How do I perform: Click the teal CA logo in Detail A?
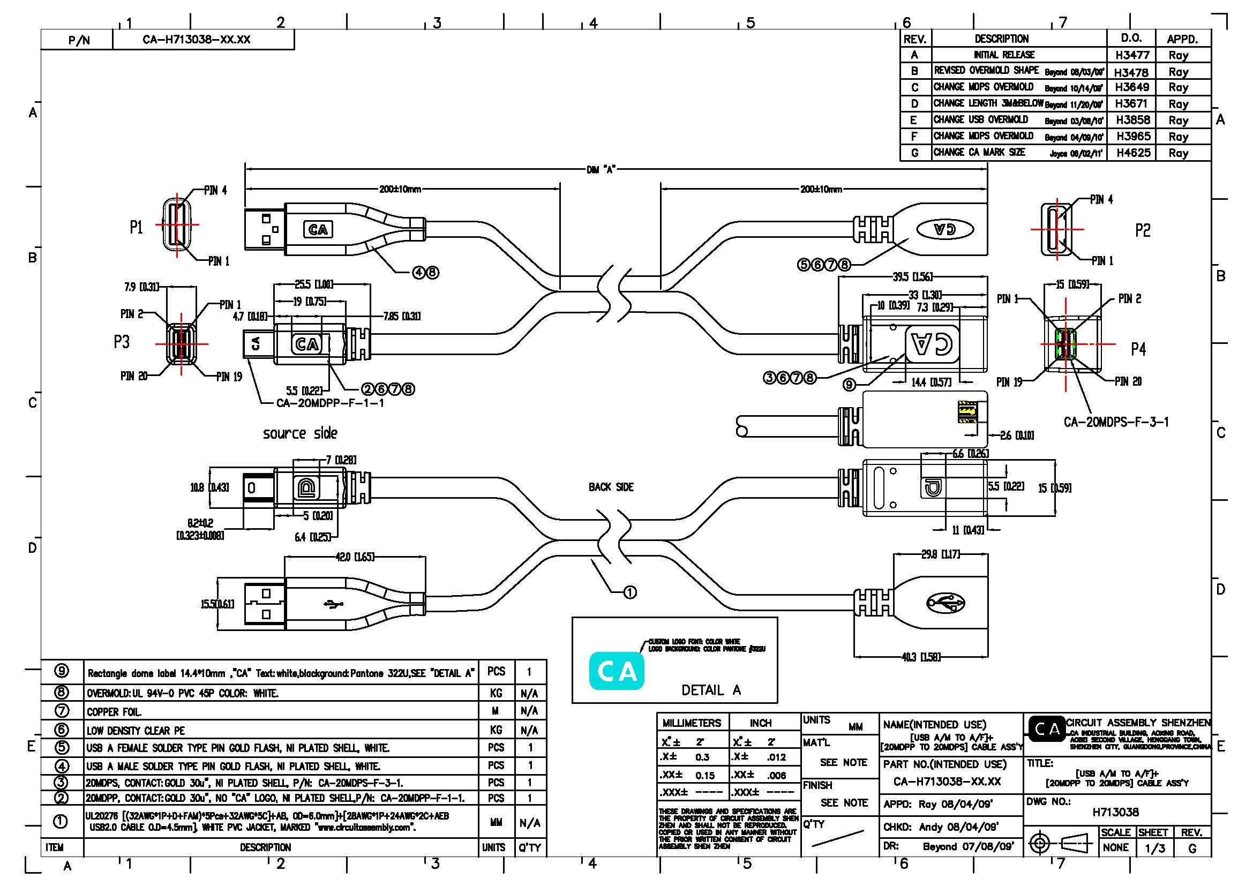[x=617, y=671]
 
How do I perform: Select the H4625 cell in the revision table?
[x=1133, y=153]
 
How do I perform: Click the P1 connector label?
[x=136, y=227]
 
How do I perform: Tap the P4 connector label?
[x=1138, y=349]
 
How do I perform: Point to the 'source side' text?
[x=299, y=434]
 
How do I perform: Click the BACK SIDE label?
[x=611, y=486]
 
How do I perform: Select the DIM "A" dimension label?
[x=601, y=169]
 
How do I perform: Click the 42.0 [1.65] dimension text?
[x=354, y=557]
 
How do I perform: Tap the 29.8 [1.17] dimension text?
[x=940, y=554]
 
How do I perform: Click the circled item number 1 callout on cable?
[x=630, y=592]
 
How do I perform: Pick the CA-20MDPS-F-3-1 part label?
[x=1116, y=422]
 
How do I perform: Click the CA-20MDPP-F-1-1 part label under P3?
[x=330, y=403]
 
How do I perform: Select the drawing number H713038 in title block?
[x=1115, y=812]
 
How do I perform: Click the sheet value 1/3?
[x=1154, y=849]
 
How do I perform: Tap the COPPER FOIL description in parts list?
[x=114, y=712]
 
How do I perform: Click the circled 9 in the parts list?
[x=62, y=672]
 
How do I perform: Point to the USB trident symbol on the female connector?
[x=945, y=603]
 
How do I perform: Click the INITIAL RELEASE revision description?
[x=1003, y=55]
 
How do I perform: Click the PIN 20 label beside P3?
[x=134, y=376]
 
